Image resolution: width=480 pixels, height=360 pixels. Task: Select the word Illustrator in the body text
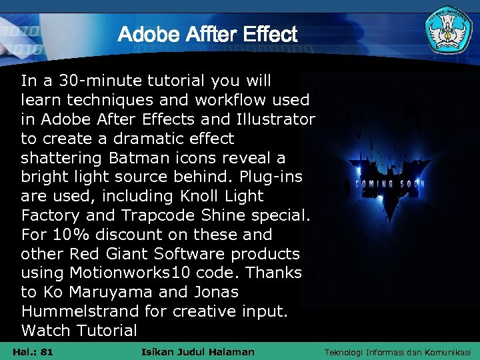pyautogui.click(x=275, y=120)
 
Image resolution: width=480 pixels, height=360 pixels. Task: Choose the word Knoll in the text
pyautogui.click(x=202, y=197)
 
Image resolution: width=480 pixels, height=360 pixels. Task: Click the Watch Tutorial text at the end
pyautogui.click(x=79, y=330)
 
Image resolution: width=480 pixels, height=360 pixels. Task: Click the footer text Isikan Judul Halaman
pyautogui.click(x=199, y=352)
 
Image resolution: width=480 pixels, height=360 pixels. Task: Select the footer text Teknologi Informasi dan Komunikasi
pyautogui.click(x=397, y=352)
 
